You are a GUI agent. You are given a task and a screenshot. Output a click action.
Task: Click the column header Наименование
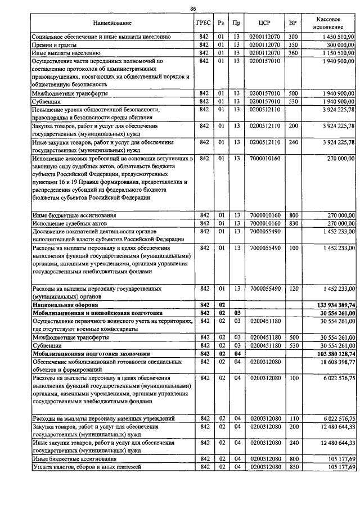[x=112, y=23]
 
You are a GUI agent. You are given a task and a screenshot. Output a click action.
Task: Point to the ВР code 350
[x=292, y=44]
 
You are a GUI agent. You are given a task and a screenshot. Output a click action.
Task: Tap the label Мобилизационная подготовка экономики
[x=83, y=353]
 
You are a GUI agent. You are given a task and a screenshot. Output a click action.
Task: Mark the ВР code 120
[x=292, y=289]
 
